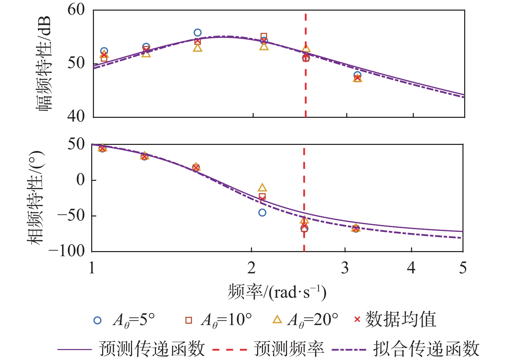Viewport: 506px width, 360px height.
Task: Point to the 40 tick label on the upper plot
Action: coord(76,116)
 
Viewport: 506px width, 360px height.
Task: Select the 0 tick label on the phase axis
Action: coord(81,179)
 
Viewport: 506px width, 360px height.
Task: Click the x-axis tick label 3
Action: coord(345,268)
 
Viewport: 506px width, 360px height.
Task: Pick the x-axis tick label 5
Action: coord(463,268)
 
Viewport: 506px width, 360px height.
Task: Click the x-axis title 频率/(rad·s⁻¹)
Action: coord(277,292)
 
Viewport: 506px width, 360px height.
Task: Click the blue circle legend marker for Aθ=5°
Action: coord(98,320)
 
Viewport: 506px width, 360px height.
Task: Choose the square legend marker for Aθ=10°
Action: coord(189,320)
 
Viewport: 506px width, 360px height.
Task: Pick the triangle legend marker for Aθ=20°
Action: coord(277,320)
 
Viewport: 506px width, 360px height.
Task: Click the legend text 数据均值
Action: coord(400,320)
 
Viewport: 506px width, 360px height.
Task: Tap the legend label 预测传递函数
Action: coord(152,349)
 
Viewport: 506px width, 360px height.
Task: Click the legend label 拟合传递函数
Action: coord(426,349)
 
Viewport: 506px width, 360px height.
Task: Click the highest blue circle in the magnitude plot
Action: coord(197,33)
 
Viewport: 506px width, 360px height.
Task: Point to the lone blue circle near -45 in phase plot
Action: coord(262,213)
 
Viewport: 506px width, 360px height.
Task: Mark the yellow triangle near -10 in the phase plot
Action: coord(262,188)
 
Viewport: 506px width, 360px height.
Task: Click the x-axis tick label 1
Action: coord(92,268)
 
